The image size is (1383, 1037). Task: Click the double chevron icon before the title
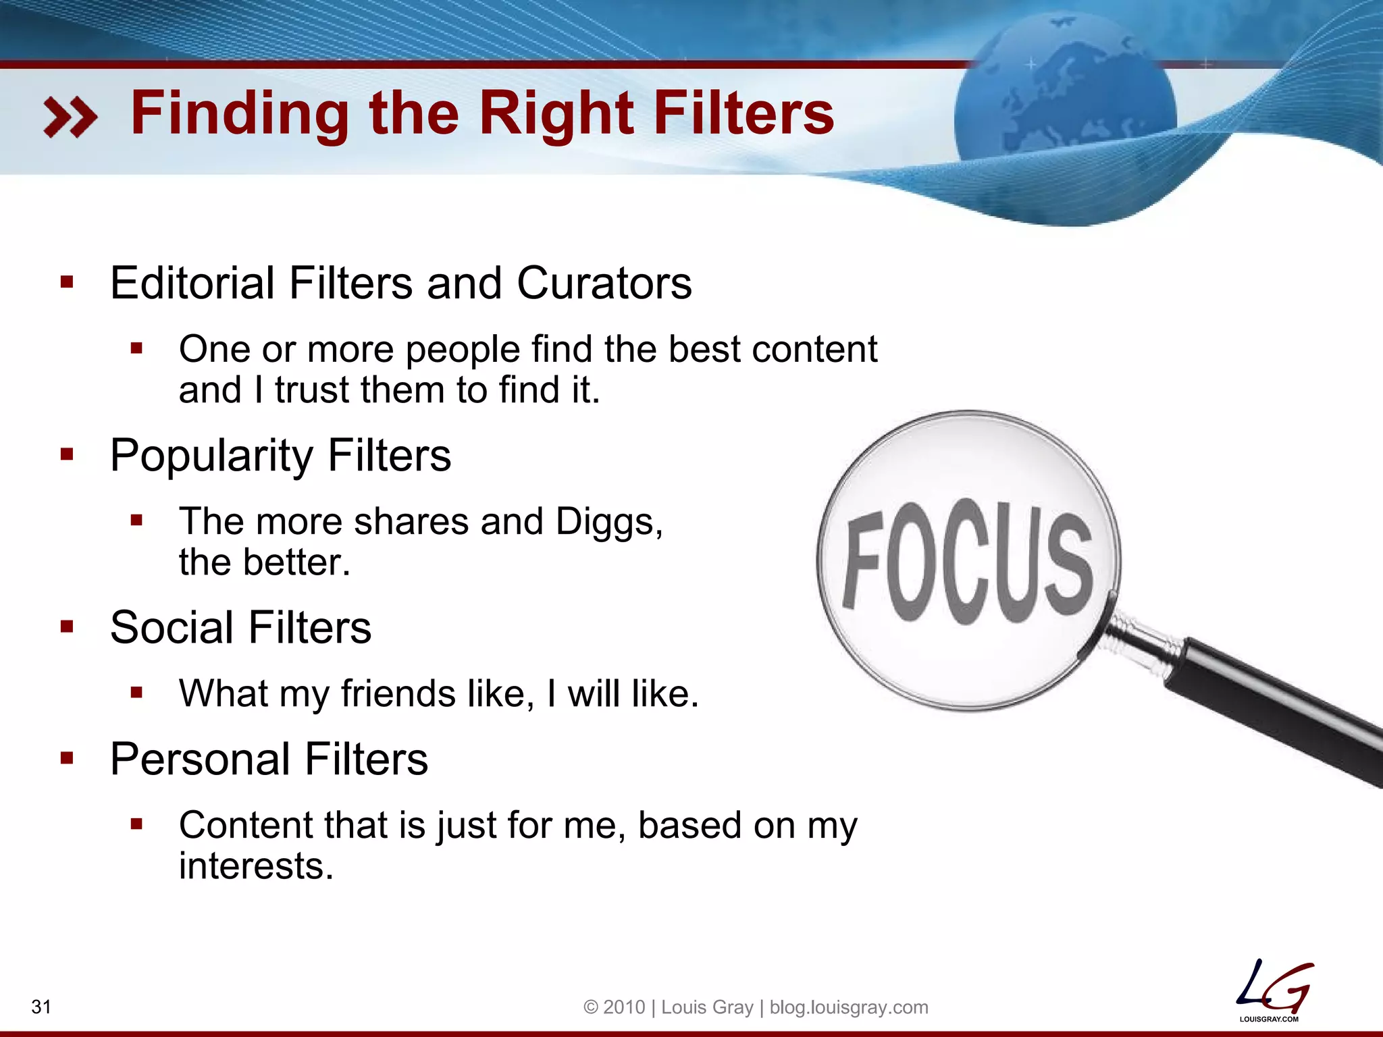pos(70,117)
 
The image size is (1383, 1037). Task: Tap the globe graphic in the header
pos(1065,101)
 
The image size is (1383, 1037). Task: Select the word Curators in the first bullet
pos(604,283)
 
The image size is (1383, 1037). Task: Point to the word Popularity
pos(211,456)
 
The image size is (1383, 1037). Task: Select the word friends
pos(398,694)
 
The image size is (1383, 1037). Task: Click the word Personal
pos(199,760)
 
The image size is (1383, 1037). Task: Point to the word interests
pos(256,866)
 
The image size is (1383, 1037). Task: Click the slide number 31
pos(41,1007)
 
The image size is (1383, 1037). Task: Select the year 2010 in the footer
pos(624,1007)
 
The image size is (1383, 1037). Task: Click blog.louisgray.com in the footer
pos(849,1007)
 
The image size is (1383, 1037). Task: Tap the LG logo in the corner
pos(1273,988)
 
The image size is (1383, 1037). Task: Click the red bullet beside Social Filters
pos(67,627)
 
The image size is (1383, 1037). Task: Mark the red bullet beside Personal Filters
pos(67,759)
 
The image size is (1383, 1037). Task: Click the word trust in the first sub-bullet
pos(313,391)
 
